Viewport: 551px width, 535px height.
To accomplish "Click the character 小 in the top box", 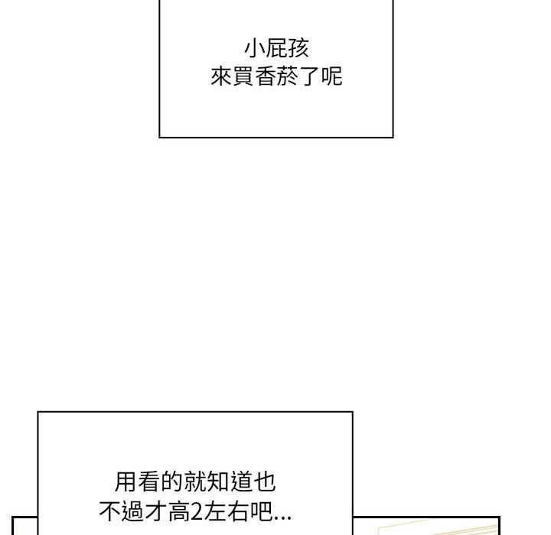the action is [x=255, y=48].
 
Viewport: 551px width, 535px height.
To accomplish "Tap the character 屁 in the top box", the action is [x=276, y=48].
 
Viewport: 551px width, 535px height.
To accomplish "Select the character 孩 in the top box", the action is [x=298, y=48].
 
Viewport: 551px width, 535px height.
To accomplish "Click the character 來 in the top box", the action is [x=221, y=76].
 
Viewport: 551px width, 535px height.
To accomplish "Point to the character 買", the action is [x=243, y=76].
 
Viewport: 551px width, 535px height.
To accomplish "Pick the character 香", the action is [x=266, y=76].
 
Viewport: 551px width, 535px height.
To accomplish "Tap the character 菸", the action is [x=288, y=76].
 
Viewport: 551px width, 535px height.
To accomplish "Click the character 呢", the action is [x=331, y=76].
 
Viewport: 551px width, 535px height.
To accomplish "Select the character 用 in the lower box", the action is [x=126, y=481].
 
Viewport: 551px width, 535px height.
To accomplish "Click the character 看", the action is [x=148, y=481].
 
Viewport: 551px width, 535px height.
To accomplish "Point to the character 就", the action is [x=194, y=481].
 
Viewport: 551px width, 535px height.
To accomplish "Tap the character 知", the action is [x=218, y=481].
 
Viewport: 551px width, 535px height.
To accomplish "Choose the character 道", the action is [x=241, y=481].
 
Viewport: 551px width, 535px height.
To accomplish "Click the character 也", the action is [x=264, y=481].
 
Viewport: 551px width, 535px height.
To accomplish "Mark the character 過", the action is [x=133, y=511].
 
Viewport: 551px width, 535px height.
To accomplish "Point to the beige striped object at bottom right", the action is [x=438, y=527].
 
